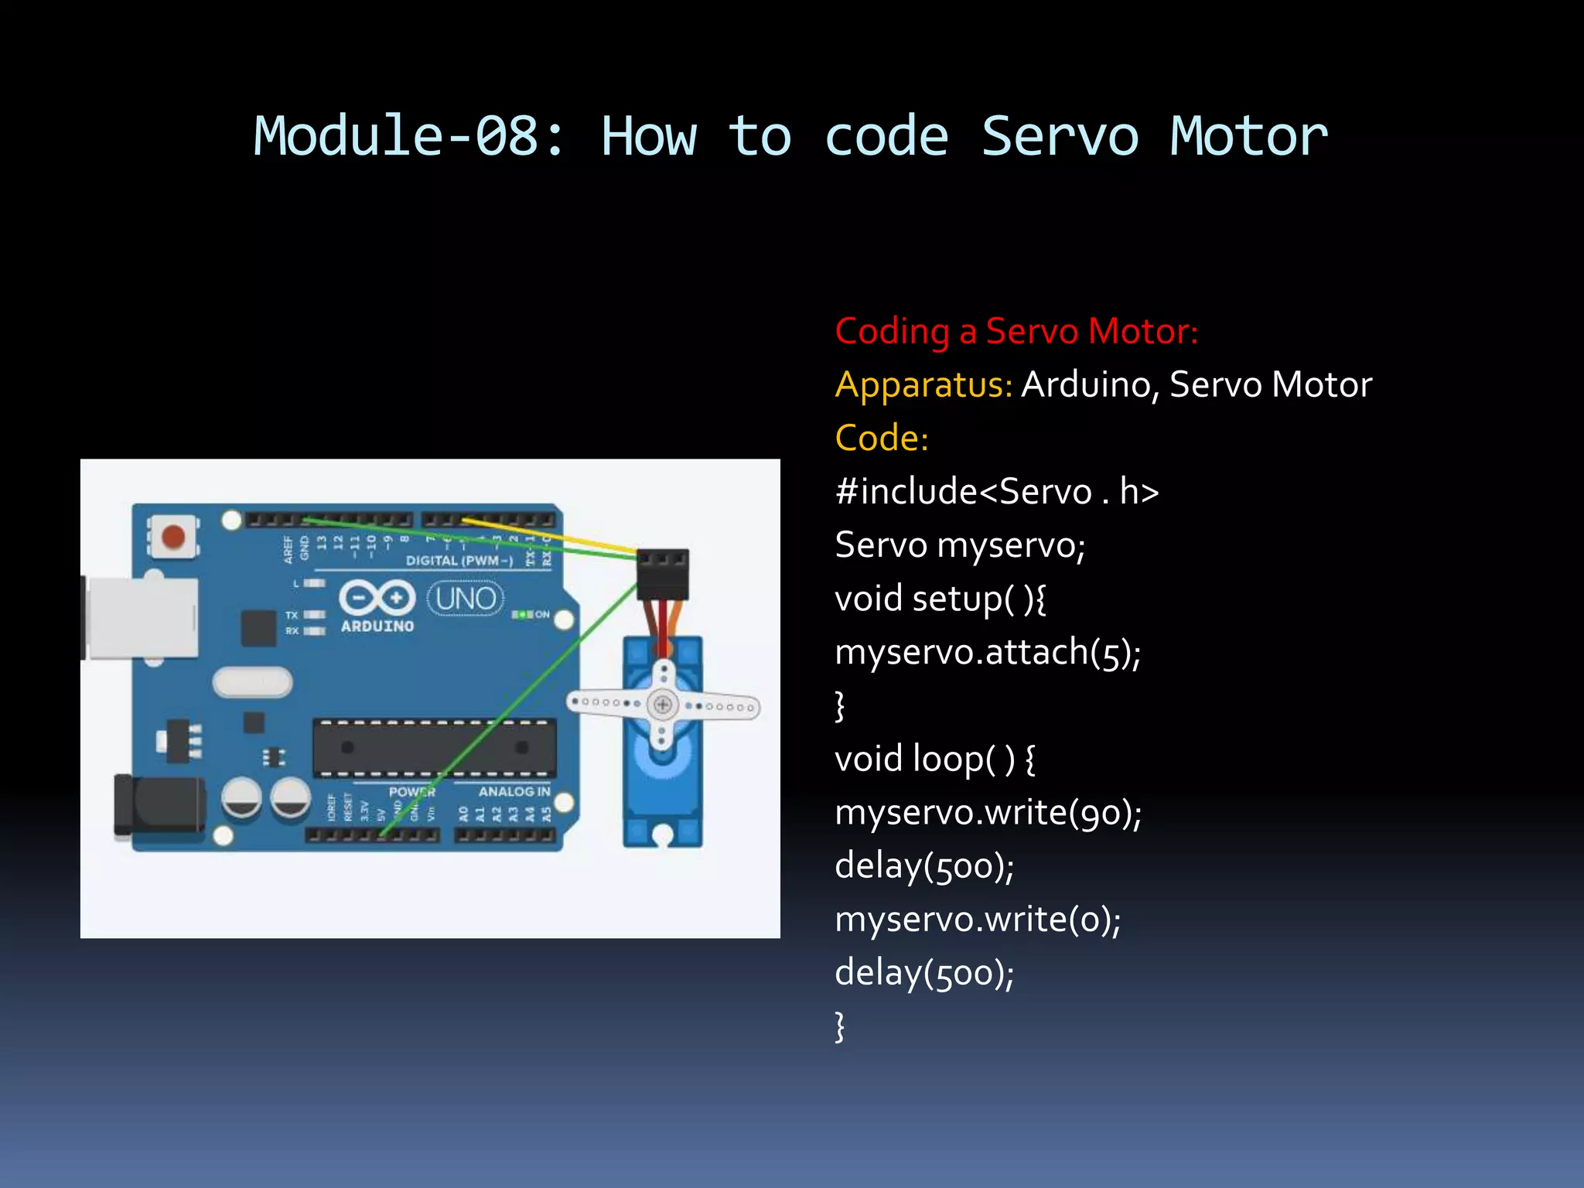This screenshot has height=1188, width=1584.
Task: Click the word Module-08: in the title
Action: (410, 137)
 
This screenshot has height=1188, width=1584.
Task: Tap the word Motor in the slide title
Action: (1248, 137)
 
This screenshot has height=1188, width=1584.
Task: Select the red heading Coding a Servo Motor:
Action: (1016, 331)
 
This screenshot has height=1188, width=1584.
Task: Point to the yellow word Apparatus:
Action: (923, 384)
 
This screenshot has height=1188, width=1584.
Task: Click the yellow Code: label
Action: (882, 438)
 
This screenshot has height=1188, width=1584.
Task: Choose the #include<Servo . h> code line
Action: (996, 492)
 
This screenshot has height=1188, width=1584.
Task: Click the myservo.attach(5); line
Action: (988, 652)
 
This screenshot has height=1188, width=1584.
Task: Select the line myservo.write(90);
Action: (988, 812)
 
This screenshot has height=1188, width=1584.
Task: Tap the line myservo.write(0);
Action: (978, 919)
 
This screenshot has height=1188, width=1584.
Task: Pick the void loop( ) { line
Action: (934, 759)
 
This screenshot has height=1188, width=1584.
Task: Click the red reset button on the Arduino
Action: (172, 536)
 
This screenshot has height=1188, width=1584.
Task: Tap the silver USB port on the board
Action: (142, 618)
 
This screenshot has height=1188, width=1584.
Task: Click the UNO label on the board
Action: (466, 599)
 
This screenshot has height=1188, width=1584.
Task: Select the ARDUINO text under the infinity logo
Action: (377, 626)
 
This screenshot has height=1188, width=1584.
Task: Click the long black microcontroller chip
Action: (434, 748)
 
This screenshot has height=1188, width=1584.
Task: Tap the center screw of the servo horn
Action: (662, 705)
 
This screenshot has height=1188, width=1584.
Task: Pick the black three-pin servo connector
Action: (662, 574)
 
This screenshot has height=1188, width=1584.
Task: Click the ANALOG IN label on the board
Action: (514, 791)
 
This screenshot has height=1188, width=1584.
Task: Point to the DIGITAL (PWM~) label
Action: (459, 560)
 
